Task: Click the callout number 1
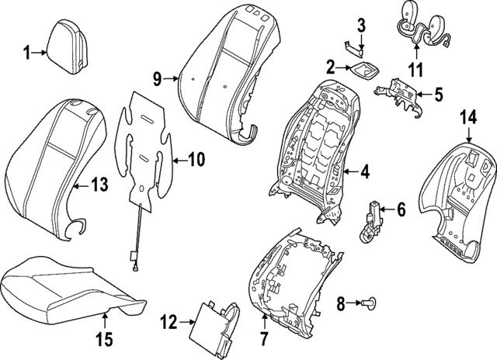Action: coord(26,53)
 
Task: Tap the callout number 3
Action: coord(360,26)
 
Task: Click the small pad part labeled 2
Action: coord(362,71)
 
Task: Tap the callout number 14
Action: coord(467,118)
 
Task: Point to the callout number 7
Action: coord(262,337)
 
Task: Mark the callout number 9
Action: coord(156,78)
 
